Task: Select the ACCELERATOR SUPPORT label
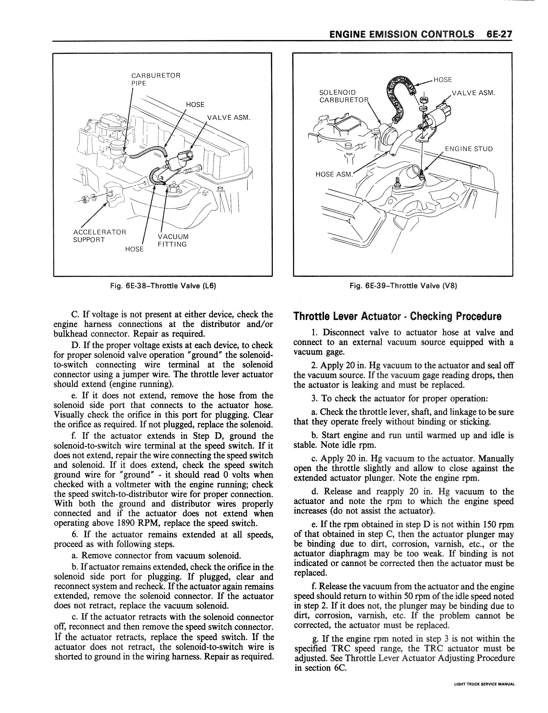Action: (x=99, y=236)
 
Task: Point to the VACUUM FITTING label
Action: (x=173, y=240)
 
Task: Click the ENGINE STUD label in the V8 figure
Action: (x=469, y=149)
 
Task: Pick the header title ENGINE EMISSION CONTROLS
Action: (x=402, y=35)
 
